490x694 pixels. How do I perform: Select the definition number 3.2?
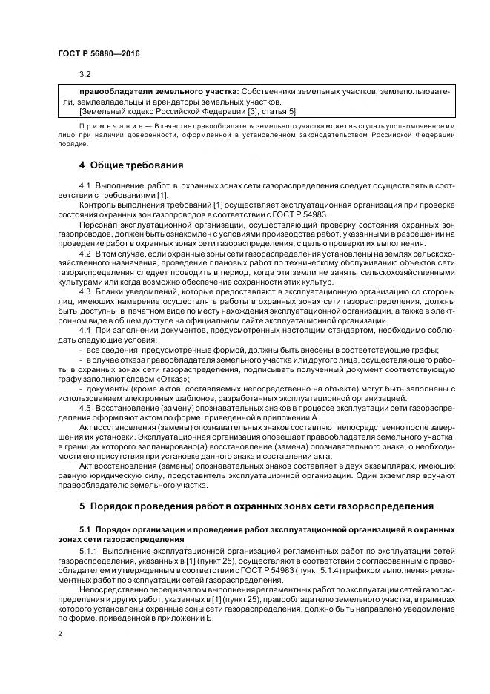click(85, 74)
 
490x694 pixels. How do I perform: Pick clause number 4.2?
click(85, 254)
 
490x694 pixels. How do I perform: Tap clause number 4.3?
click(85, 291)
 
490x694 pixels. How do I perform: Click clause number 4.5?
click(85, 407)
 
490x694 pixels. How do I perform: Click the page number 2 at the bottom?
click(59, 635)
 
